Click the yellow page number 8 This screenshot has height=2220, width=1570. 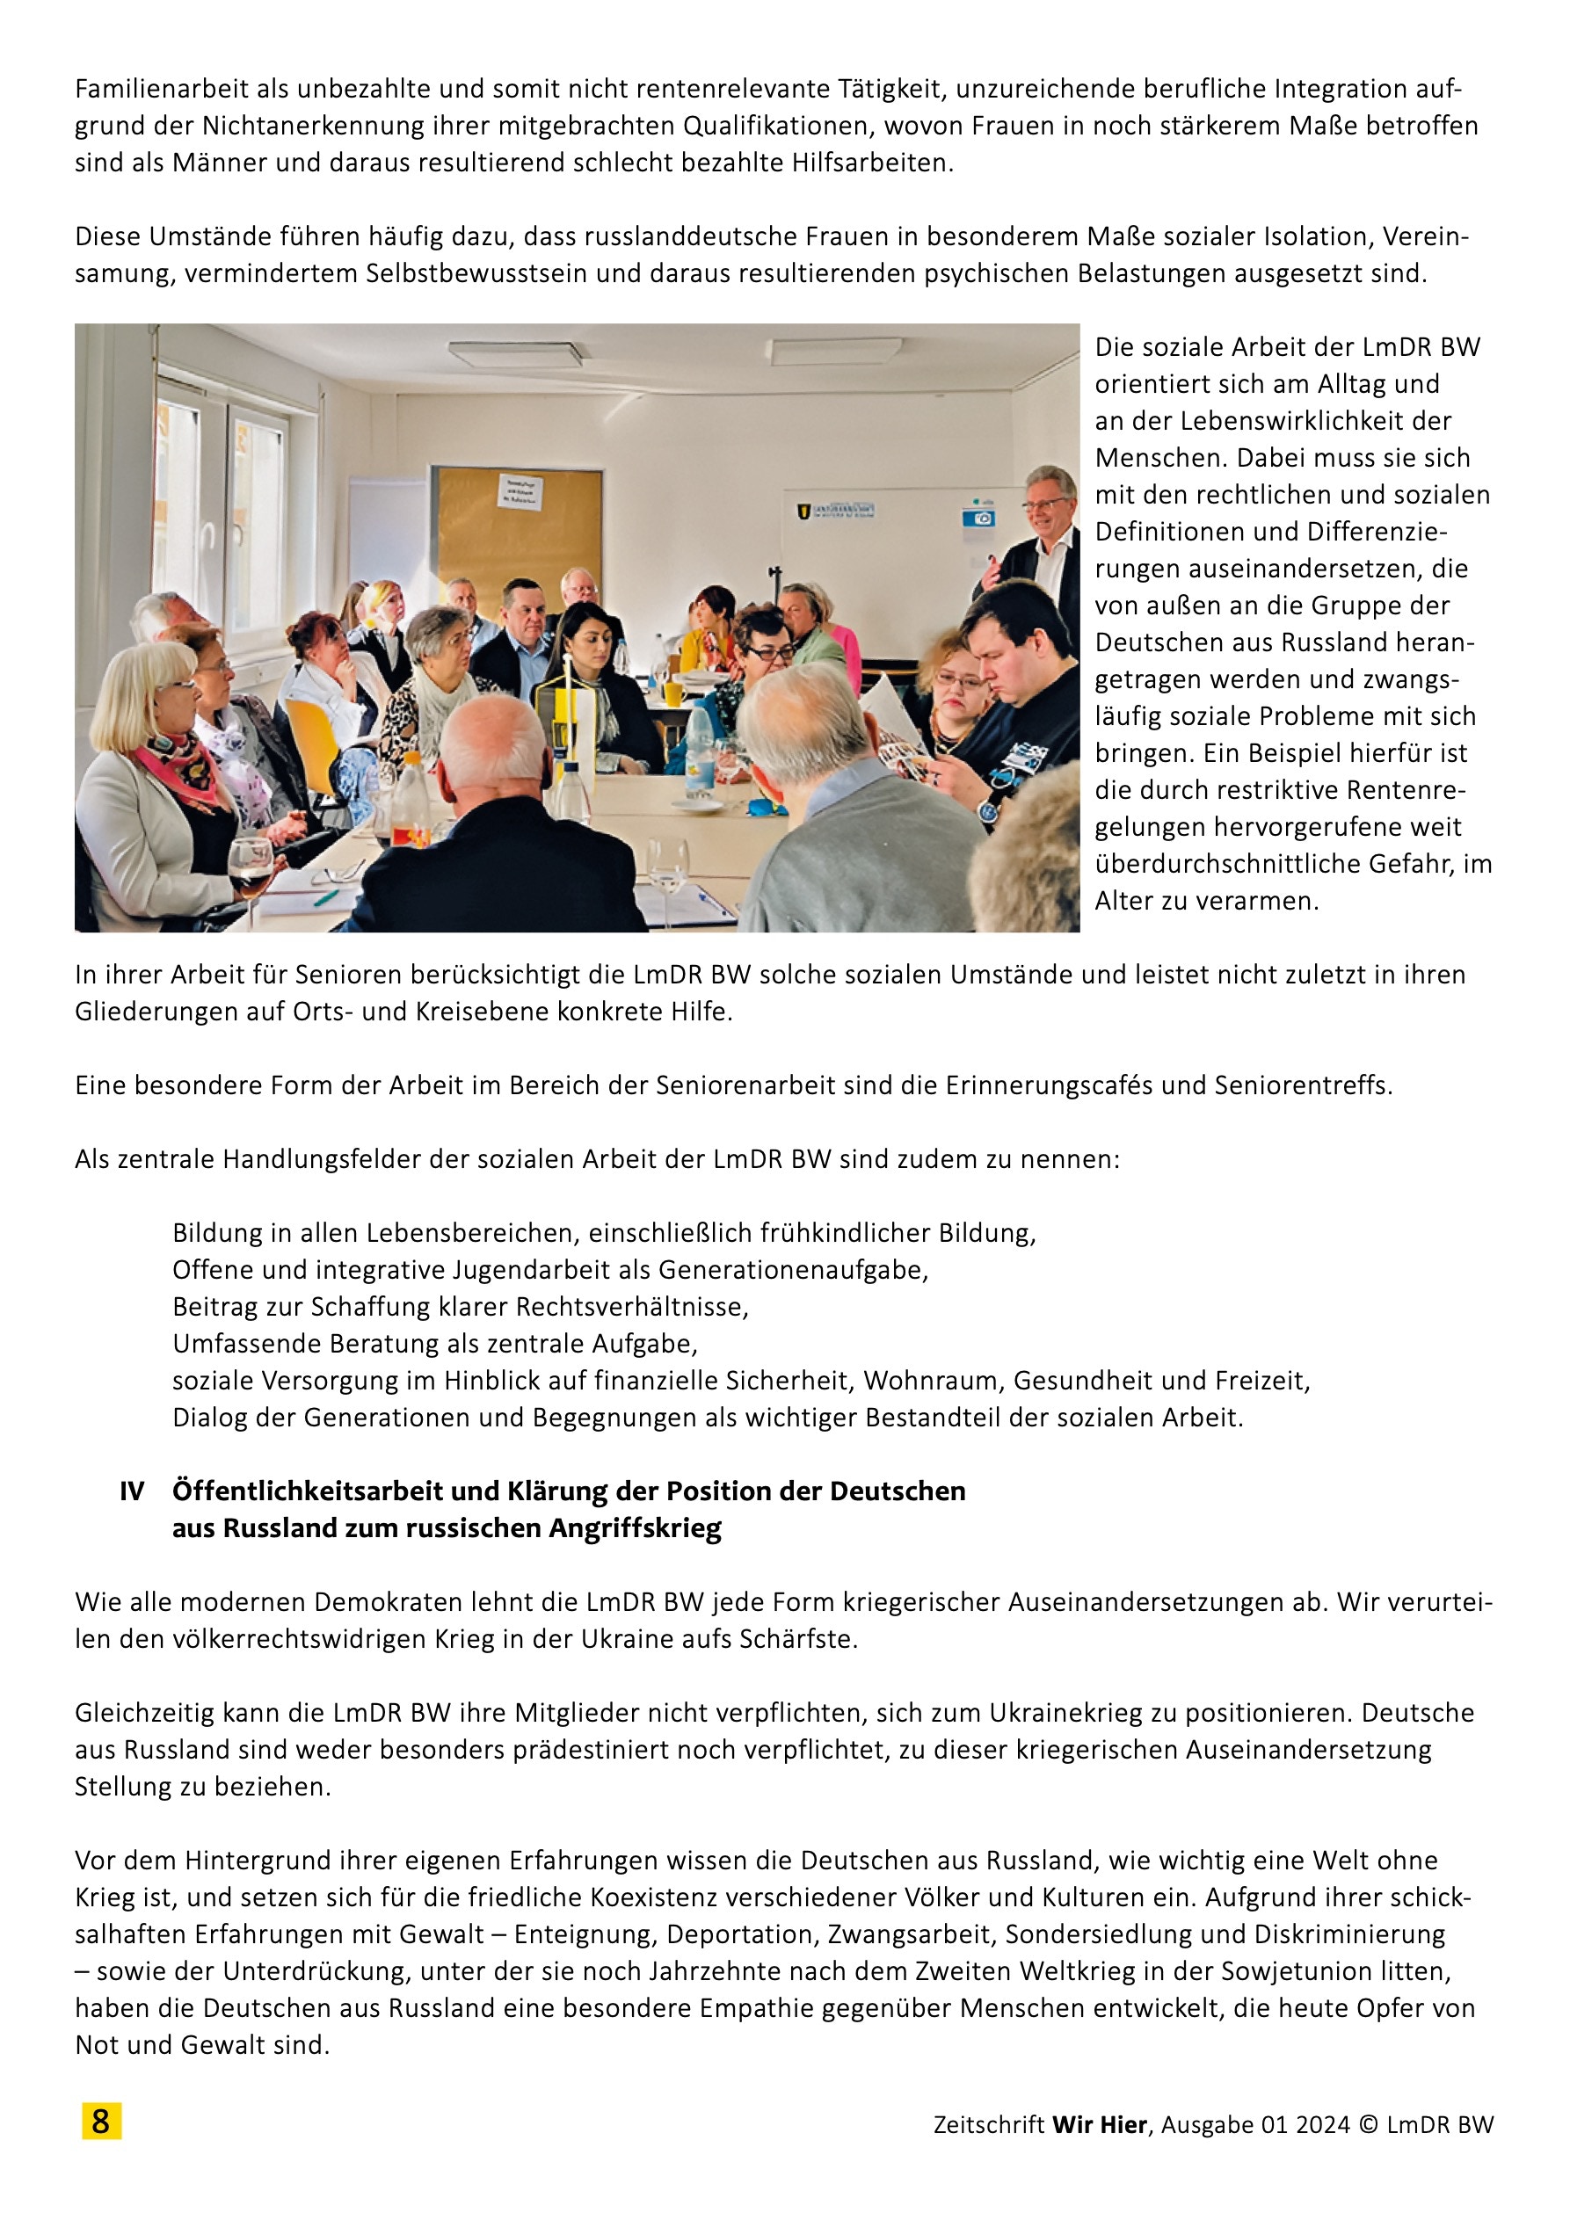click(x=100, y=2122)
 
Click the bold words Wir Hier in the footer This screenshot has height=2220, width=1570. click(x=1099, y=2124)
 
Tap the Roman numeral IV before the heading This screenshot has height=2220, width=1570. click(x=132, y=1491)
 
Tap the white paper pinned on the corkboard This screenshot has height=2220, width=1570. click(x=520, y=493)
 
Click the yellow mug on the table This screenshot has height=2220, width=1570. click(x=672, y=693)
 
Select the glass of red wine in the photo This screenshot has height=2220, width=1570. click(x=250, y=863)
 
